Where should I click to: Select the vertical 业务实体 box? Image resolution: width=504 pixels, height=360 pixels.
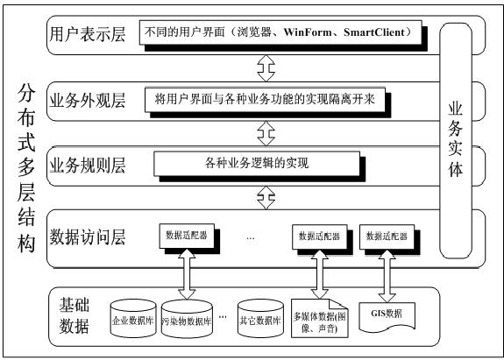pyautogui.click(x=457, y=140)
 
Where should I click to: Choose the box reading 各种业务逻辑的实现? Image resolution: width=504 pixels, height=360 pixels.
pyautogui.click(x=257, y=163)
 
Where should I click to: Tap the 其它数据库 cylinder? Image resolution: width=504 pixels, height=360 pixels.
pyautogui.click(x=259, y=321)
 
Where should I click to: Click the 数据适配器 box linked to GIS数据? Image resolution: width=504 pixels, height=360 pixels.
pyautogui.click(x=387, y=236)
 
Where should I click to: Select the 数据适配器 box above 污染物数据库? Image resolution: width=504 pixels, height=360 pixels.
pyautogui.click(x=187, y=236)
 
